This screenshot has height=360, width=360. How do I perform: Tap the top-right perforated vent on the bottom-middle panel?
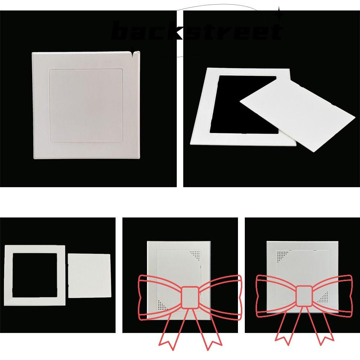pos(194,256)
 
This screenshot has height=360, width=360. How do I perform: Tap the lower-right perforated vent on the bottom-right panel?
pos(323,297)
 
